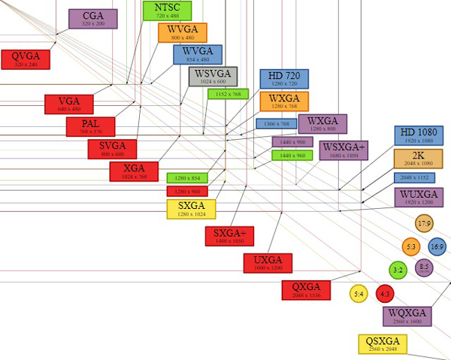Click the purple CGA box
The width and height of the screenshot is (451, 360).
coord(92,19)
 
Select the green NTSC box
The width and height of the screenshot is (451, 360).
coord(167,11)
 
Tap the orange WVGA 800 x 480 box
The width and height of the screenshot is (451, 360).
coord(182,32)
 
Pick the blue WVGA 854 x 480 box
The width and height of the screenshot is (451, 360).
coord(198,55)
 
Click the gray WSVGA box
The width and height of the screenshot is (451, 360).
coord(213,77)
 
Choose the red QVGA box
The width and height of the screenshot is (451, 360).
coord(26,59)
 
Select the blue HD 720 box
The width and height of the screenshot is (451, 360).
coord(284,78)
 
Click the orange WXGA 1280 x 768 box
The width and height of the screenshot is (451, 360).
coord(284,101)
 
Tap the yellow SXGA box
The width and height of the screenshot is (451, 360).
coord(191,209)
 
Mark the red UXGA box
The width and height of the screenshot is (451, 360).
coord(268,263)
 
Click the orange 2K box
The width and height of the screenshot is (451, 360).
coord(413,159)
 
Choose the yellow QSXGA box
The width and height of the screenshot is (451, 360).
coord(382,344)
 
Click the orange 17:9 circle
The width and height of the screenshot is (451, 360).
coord(424,223)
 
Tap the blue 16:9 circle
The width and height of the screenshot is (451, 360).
coord(437,246)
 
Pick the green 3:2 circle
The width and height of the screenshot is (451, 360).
coord(398,269)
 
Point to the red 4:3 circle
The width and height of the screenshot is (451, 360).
coord(385,293)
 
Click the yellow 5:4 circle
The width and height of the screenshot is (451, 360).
coord(359,293)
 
